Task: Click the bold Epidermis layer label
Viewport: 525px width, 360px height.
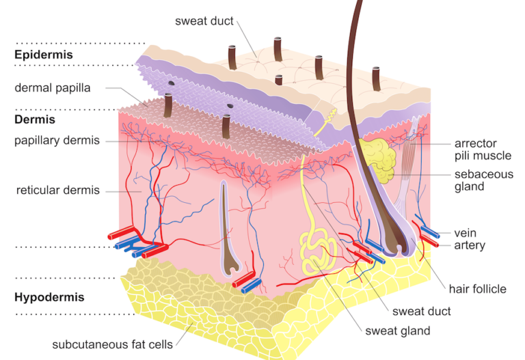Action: (44, 54)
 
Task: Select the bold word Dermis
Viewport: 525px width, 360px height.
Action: (36, 120)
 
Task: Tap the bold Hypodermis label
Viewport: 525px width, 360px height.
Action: (49, 297)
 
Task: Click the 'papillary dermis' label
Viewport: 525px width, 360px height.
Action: (57, 141)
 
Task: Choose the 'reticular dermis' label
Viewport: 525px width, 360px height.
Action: (58, 190)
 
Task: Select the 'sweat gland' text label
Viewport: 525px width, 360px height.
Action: (398, 331)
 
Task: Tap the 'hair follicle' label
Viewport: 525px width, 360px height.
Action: (477, 289)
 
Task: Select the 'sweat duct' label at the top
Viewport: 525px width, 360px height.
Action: (205, 20)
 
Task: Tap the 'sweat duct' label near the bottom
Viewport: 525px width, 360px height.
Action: (421, 311)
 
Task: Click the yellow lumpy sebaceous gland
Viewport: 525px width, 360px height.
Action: (378, 159)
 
